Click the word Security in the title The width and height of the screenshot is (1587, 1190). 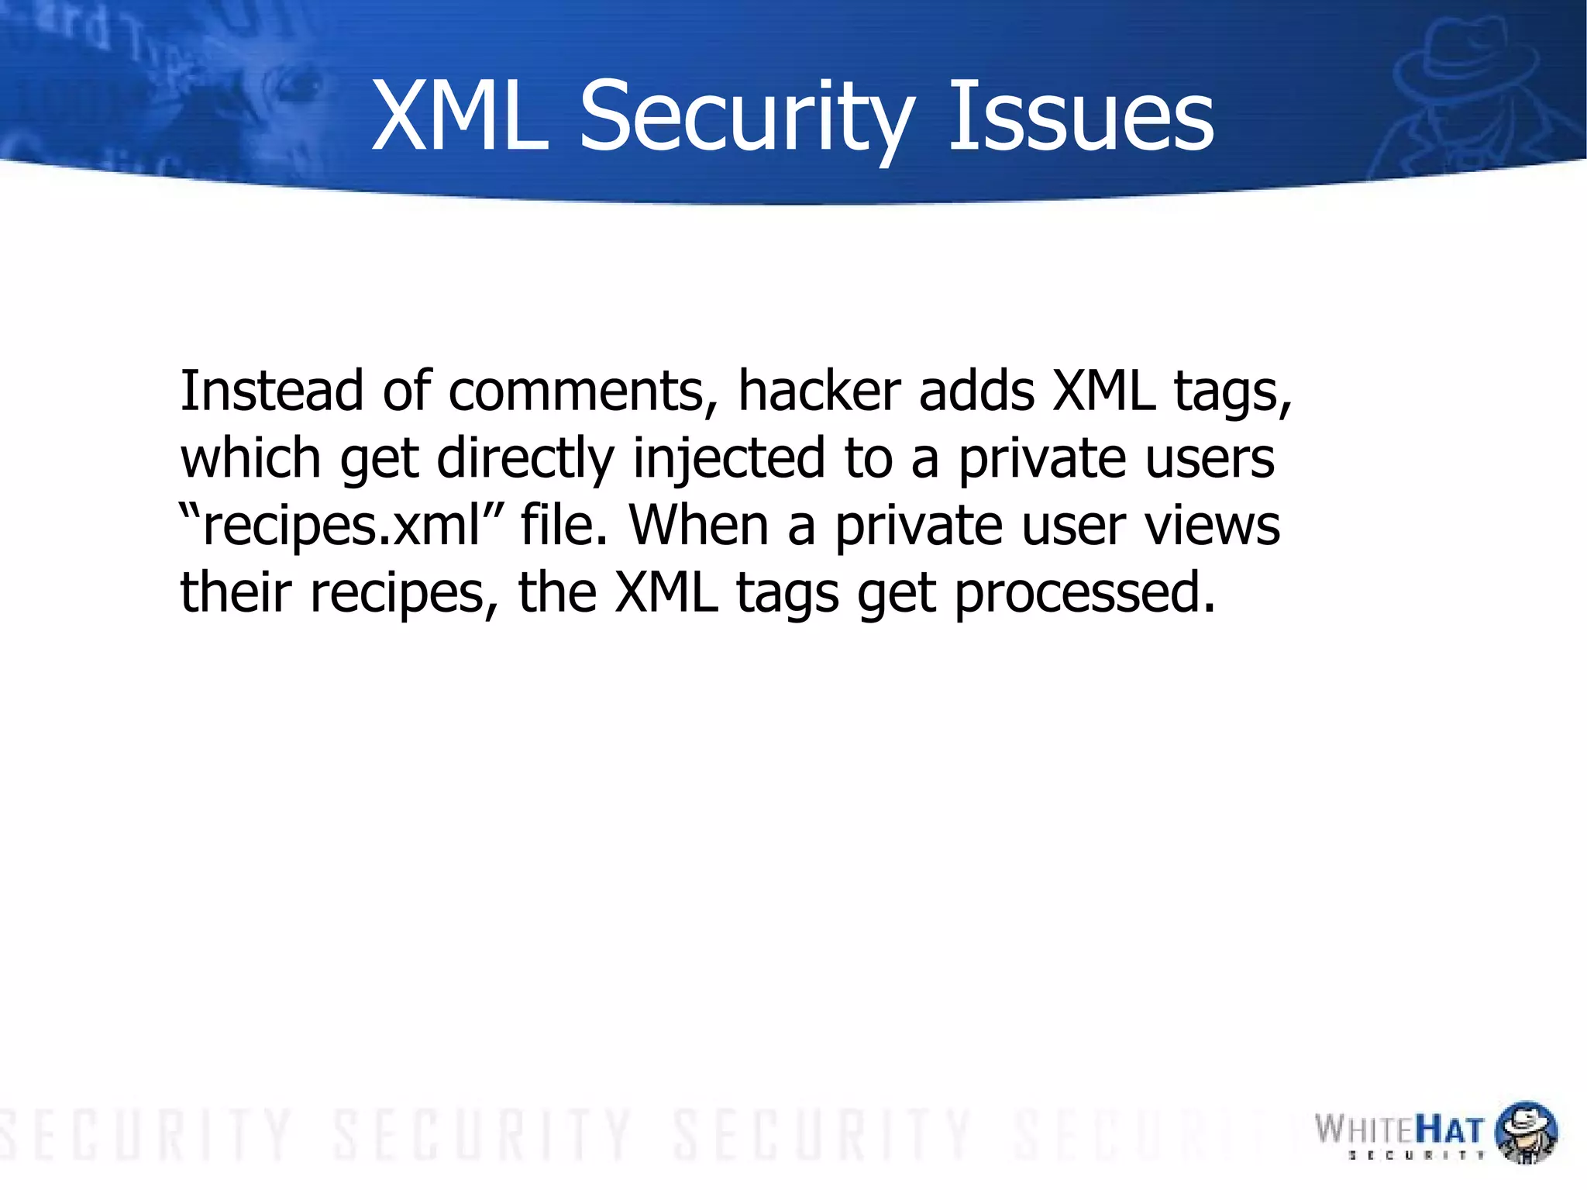coord(747,118)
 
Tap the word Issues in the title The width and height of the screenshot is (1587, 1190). coord(1080,118)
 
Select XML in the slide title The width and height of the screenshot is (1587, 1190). coord(460,118)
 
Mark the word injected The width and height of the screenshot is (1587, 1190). coord(728,460)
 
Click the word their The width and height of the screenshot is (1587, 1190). coord(236,592)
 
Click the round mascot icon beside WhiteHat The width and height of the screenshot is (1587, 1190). coord(1525,1132)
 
